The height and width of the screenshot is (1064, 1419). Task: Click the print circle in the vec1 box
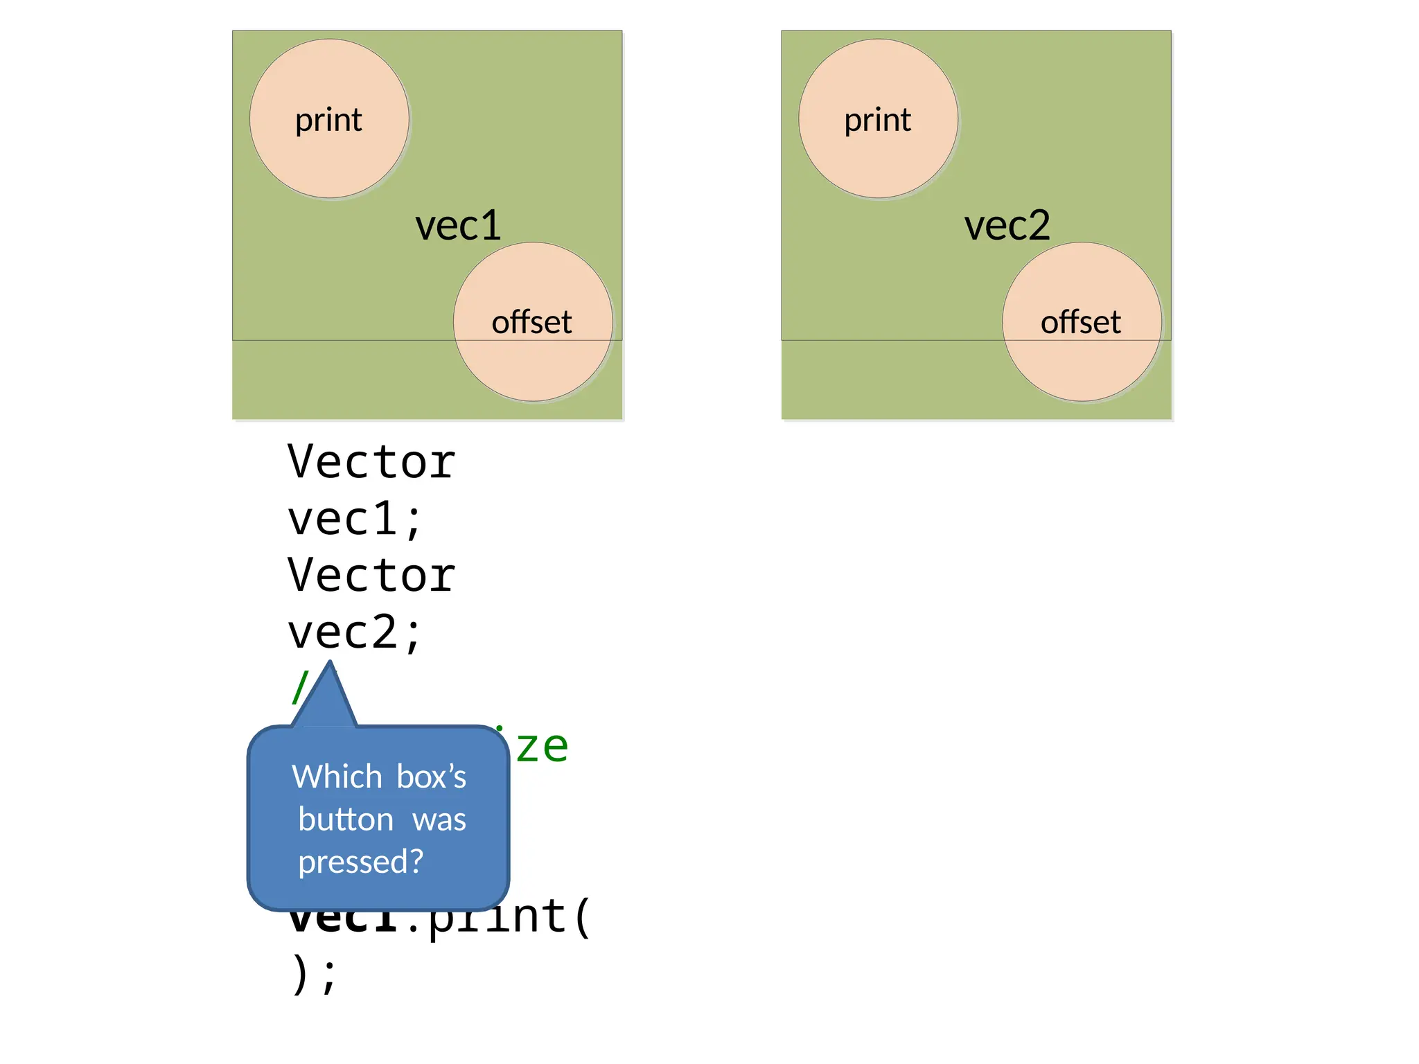329,119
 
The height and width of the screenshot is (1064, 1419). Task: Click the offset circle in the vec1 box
533,322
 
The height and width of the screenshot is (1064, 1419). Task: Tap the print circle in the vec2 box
878,119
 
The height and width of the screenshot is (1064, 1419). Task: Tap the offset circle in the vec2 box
1082,322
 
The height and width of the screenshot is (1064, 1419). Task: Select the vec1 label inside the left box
458,226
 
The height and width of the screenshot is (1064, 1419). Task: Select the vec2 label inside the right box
1007,226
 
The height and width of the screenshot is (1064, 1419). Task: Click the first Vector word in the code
371,462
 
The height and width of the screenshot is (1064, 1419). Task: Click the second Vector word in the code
371,576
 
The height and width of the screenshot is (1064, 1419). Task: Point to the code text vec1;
355,520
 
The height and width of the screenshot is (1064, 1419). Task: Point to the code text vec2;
355,632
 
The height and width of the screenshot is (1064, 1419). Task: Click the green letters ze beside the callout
542,747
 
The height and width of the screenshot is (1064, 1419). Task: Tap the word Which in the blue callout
337,777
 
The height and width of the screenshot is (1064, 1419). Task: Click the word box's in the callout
432,777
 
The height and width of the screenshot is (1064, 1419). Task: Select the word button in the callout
346,819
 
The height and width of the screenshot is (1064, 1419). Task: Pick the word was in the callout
439,819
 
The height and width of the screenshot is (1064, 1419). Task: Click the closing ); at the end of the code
313,975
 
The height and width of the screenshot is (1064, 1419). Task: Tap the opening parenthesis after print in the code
583,917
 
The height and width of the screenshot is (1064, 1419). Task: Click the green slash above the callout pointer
299,687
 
